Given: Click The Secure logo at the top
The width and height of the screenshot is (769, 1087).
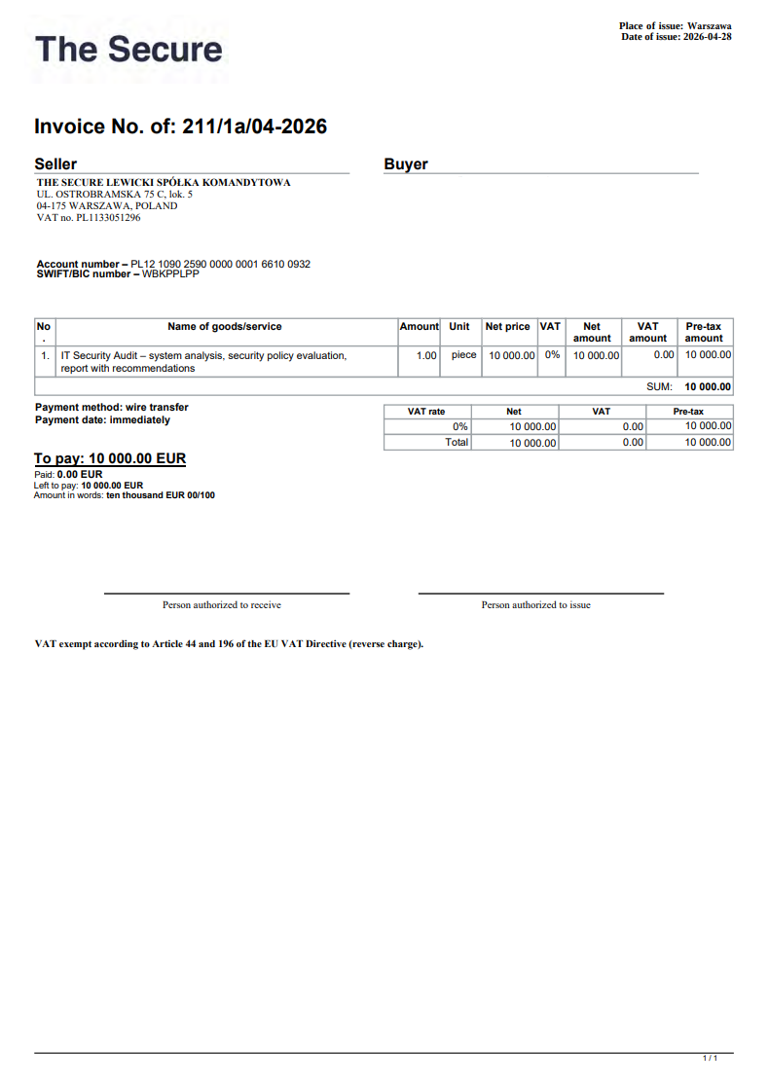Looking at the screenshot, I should [128, 50].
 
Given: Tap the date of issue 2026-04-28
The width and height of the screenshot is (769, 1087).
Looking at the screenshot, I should [707, 37].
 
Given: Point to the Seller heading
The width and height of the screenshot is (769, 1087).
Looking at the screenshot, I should [55, 164].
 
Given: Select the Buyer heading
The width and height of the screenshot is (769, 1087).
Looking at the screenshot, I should [406, 164].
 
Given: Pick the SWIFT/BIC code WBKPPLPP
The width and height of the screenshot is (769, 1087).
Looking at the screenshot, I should [170, 273].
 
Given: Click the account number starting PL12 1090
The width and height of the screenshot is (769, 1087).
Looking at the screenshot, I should [220, 264].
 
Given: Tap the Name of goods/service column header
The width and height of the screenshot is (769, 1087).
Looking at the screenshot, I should [225, 327].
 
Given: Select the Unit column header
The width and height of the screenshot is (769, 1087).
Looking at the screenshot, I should [459, 327].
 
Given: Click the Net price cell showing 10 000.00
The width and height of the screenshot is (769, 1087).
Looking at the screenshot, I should [511, 356].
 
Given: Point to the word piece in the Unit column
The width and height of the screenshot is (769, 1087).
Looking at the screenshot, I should [463, 355].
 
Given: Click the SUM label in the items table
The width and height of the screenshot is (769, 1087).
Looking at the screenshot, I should [659, 386].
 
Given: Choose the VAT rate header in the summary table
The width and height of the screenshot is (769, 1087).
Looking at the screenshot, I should [426, 412].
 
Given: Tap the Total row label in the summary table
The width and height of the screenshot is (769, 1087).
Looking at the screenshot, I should [457, 442].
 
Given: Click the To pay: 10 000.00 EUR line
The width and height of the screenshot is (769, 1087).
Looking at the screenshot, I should [110, 458].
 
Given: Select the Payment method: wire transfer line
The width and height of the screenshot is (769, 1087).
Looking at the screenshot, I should [112, 408].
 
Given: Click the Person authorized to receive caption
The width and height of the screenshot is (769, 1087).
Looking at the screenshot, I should [222, 605].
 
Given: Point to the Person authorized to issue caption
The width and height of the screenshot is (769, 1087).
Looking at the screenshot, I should [535, 605].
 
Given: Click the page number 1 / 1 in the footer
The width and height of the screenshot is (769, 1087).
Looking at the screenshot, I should [710, 1058].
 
